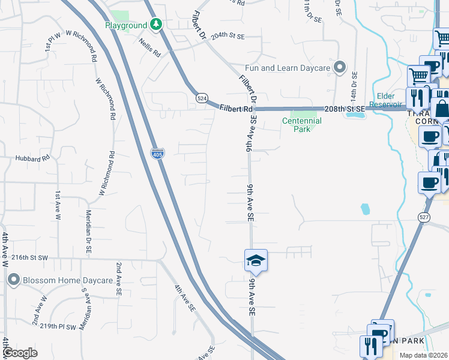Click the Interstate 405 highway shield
pyautogui.click(x=157, y=154)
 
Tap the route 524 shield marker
pyautogui.click(x=202, y=98)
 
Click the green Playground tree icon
pyautogui.click(x=156, y=25)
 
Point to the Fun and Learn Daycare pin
pyautogui.click(x=340, y=68)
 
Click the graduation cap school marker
pyautogui.click(x=255, y=260)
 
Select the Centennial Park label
pyautogui.click(x=302, y=125)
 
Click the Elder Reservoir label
pyautogui.click(x=394, y=100)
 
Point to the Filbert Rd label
pyautogui.click(x=235, y=109)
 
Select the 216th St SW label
pyautogui.click(x=28, y=257)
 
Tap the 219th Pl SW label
pyautogui.click(x=59, y=327)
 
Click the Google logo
pyautogui.click(x=20, y=353)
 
